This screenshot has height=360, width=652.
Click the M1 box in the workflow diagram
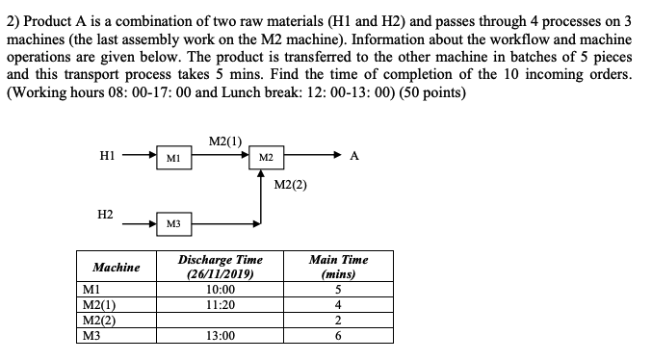click(170, 155)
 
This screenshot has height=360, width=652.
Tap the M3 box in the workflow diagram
click(170, 223)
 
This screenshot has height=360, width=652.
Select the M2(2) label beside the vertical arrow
click(290, 183)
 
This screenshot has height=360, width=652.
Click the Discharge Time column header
click(221, 267)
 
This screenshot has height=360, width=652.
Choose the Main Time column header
click(338, 267)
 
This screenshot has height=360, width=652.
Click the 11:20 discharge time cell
click(221, 305)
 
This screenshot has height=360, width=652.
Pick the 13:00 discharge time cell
click(221, 337)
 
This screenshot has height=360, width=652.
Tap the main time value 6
click(338, 337)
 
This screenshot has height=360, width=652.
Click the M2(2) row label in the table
click(100, 321)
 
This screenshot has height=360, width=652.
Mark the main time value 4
click(338, 305)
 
